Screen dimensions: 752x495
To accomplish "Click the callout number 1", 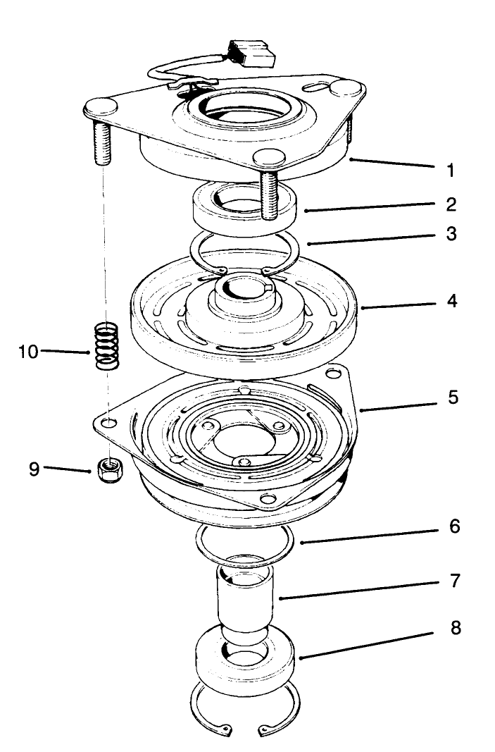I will tap(450, 170).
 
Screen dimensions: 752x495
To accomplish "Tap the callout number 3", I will tap(450, 233).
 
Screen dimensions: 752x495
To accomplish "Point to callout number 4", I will tap(450, 301).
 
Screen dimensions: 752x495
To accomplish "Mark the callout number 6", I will tap(454, 526).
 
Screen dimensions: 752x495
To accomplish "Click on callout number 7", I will tap(454, 581).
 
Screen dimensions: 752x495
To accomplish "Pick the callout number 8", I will tap(456, 627).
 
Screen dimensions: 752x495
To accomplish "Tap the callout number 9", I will tap(34, 469).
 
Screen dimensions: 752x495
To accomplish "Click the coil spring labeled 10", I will tap(106, 345).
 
